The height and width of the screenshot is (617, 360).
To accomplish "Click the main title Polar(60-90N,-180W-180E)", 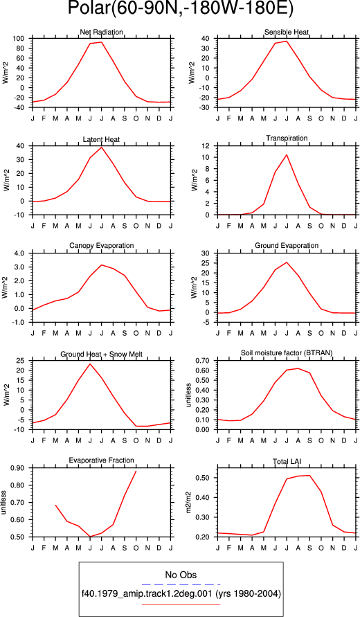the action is point(181,9).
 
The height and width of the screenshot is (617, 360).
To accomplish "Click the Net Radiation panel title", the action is point(102,32).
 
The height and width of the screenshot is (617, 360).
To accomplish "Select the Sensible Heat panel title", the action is point(287,32).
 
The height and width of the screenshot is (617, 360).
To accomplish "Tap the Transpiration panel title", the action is point(287,138).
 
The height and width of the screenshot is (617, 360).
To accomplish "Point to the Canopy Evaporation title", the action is point(102,246).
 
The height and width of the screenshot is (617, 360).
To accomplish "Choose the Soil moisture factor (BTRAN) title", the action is point(287,353).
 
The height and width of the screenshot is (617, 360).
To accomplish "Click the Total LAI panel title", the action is point(287,460).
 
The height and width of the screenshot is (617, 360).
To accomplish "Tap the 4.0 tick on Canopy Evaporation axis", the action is point(19,253).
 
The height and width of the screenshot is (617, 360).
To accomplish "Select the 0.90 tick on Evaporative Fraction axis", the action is point(18,468).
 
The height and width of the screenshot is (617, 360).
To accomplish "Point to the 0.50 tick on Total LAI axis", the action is point(204,478).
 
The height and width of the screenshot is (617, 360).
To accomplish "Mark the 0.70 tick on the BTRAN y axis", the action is point(204,361).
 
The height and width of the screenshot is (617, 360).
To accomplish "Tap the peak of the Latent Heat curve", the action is point(102,147).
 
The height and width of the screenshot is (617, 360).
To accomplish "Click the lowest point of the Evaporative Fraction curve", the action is point(90,537).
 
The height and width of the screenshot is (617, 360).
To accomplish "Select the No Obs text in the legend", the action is point(181,575).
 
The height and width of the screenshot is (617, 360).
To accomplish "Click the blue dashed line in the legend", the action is point(181,584).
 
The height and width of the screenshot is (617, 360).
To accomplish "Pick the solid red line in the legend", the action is point(181,604).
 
